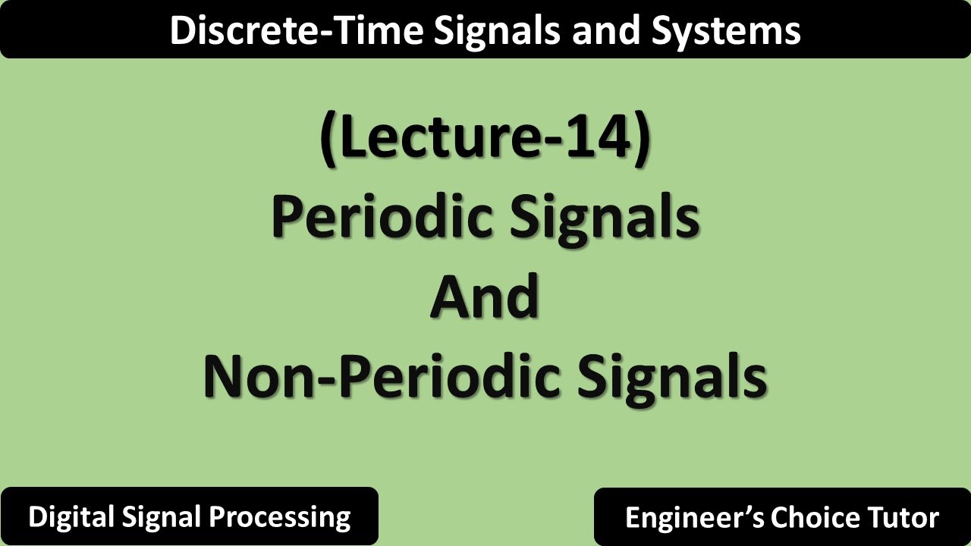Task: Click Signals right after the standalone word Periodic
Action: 604,217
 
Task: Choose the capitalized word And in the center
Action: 485,297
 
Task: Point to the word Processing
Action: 280,517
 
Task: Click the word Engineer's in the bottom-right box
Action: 694,518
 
